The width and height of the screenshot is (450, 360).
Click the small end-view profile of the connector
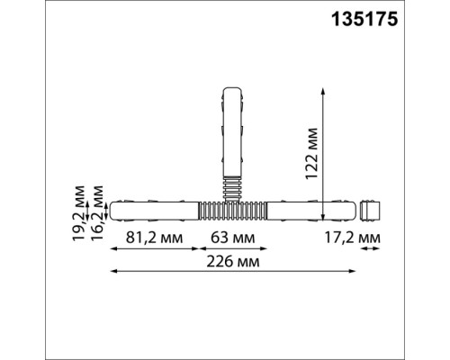tap(371, 210)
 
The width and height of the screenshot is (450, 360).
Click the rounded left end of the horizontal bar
tap(112, 210)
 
